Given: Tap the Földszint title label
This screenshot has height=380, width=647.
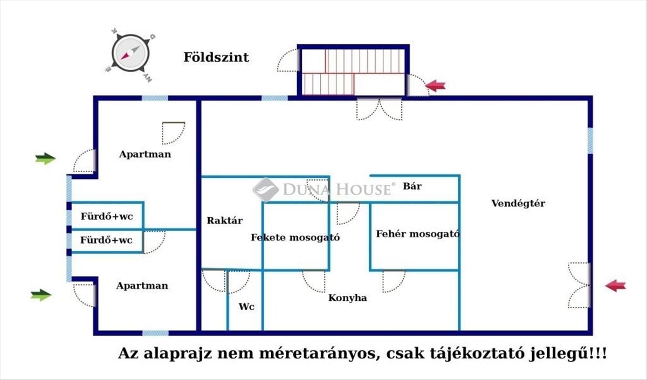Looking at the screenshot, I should click(x=216, y=57).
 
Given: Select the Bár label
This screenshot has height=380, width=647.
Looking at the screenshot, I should click(x=412, y=186).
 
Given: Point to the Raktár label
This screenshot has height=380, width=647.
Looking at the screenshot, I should click(x=225, y=220).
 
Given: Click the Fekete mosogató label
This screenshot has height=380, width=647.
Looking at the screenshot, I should click(x=295, y=237).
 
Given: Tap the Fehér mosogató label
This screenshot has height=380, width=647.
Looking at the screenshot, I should click(x=417, y=234).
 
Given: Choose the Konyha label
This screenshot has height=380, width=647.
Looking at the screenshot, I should click(x=348, y=298).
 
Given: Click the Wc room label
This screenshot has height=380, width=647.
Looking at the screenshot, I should click(x=246, y=307).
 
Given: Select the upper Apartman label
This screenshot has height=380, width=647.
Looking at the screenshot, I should click(x=145, y=154).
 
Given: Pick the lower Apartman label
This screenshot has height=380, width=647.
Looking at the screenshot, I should click(x=142, y=286).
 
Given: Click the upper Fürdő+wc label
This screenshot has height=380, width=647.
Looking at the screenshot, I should click(x=106, y=217).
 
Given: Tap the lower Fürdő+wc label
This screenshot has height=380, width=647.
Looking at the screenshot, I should click(x=106, y=240).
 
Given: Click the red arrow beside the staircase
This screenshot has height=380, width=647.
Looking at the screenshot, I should click(x=436, y=85).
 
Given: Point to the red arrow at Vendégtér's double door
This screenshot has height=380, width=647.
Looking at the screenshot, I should click(x=615, y=286).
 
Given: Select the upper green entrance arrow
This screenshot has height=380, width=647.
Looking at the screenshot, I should click(x=45, y=158).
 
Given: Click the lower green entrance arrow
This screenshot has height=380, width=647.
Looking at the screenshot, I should click(x=41, y=295).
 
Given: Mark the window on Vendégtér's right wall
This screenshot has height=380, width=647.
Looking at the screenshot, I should click(x=590, y=140).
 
